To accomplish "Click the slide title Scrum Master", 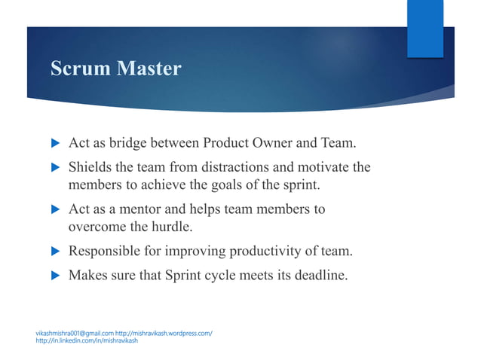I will (115, 69).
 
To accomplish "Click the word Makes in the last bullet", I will (87, 276).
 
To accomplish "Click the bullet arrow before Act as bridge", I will (54, 144).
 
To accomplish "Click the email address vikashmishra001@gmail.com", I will (75, 332).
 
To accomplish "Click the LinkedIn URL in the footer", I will (87, 340).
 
